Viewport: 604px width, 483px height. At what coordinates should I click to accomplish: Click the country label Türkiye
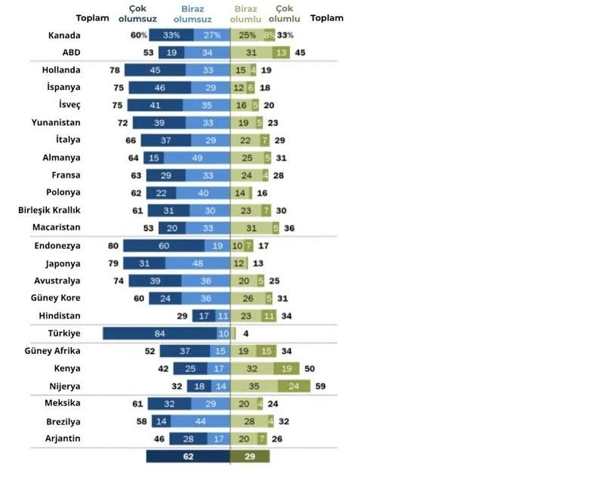tap(63, 333)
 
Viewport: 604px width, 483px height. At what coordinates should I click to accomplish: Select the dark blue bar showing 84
tap(159, 333)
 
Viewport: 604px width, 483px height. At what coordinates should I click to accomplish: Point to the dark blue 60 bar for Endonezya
tap(163, 245)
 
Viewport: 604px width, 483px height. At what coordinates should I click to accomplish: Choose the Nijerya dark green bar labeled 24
tap(294, 386)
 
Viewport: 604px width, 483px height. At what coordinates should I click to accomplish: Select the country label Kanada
tap(64, 35)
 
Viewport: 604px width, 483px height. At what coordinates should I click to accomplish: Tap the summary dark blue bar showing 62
tap(188, 456)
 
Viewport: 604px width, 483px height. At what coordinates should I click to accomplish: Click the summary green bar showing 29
tap(250, 456)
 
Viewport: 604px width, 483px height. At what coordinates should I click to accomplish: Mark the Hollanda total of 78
tap(116, 70)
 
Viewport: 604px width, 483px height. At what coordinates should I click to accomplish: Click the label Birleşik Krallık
tap(50, 210)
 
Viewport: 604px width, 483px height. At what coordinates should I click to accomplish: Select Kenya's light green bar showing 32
tap(251, 368)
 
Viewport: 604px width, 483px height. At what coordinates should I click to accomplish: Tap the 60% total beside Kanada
tap(137, 35)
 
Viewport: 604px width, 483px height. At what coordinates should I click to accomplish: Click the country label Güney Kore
tap(57, 297)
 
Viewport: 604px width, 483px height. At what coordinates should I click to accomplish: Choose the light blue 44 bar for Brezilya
tap(200, 420)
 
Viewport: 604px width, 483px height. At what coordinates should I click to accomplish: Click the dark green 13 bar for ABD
tap(282, 52)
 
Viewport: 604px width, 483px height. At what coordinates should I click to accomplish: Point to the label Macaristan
tap(56, 227)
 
